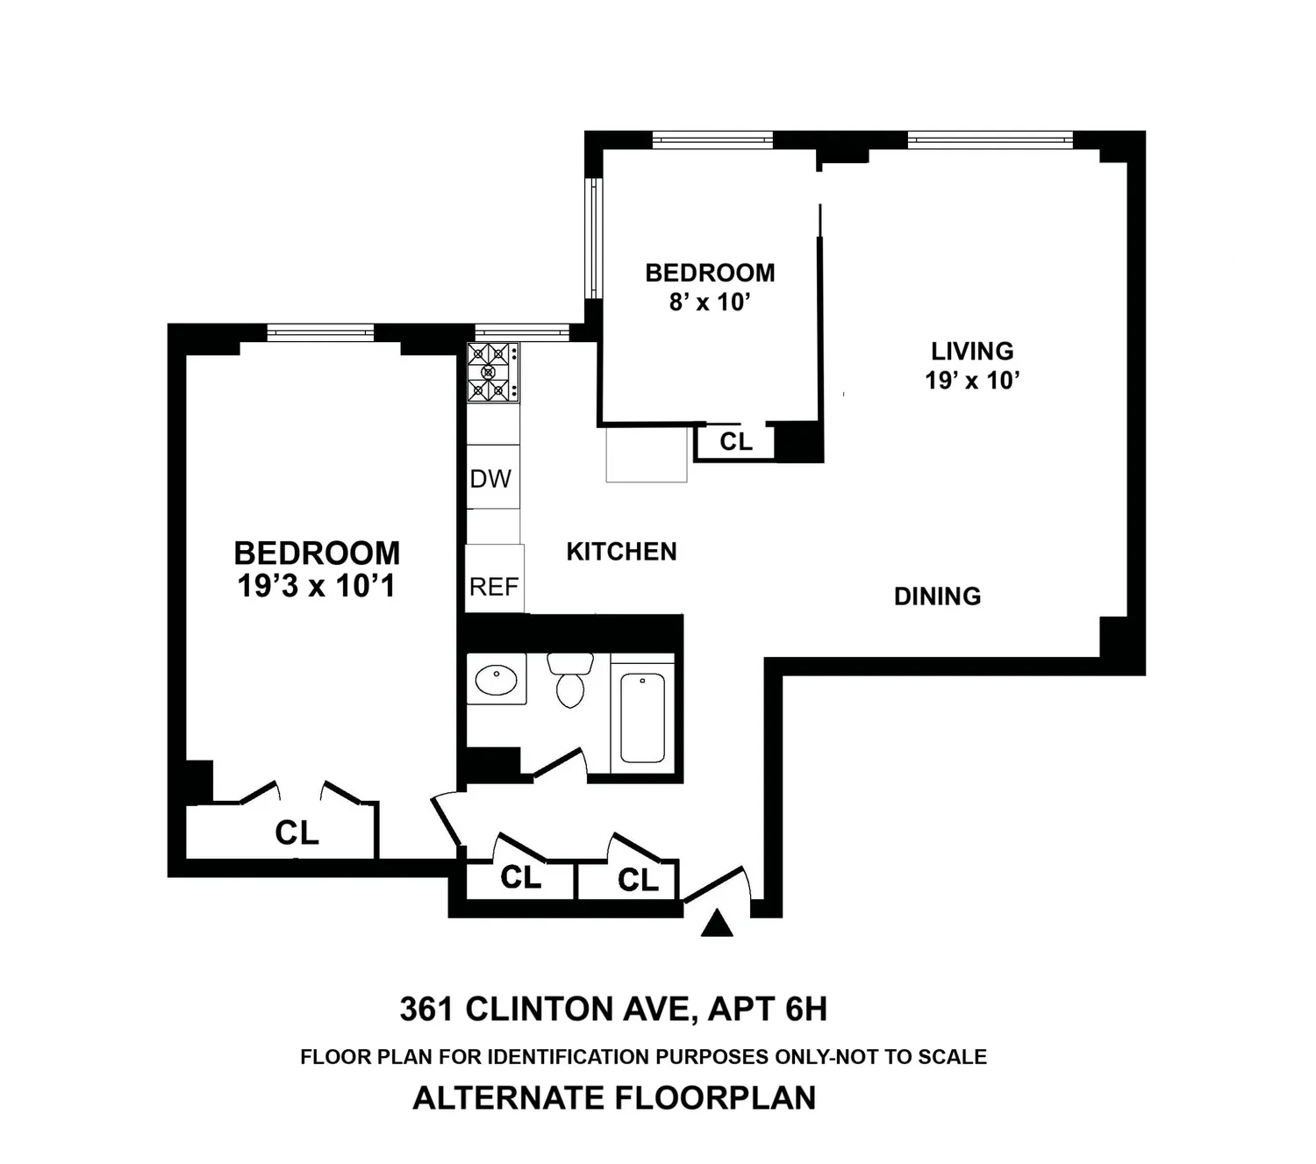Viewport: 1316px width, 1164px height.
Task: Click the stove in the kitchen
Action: (x=493, y=372)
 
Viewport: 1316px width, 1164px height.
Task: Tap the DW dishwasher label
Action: (x=490, y=479)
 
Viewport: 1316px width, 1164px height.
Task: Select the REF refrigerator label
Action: (x=494, y=587)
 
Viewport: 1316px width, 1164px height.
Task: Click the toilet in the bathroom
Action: (x=570, y=680)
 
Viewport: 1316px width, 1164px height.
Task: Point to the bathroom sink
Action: (x=497, y=680)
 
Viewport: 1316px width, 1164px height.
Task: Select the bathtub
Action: (x=642, y=718)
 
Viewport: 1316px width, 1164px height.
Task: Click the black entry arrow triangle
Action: (x=717, y=923)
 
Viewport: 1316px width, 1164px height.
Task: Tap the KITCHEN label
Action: (x=622, y=552)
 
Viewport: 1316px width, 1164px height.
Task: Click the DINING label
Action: (x=937, y=596)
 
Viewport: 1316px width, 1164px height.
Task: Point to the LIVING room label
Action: (x=972, y=352)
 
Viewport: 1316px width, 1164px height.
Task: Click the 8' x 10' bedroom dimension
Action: (x=710, y=302)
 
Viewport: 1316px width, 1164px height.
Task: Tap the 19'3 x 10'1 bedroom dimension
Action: (x=317, y=586)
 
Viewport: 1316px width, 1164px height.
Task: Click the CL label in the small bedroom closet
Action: (x=736, y=442)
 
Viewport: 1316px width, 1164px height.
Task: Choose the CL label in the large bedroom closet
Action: (x=297, y=832)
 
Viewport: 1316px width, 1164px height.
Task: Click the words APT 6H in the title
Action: (x=768, y=1009)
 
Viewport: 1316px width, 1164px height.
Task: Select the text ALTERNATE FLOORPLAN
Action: (x=614, y=1097)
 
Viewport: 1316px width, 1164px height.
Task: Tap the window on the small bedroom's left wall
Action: (x=594, y=238)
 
